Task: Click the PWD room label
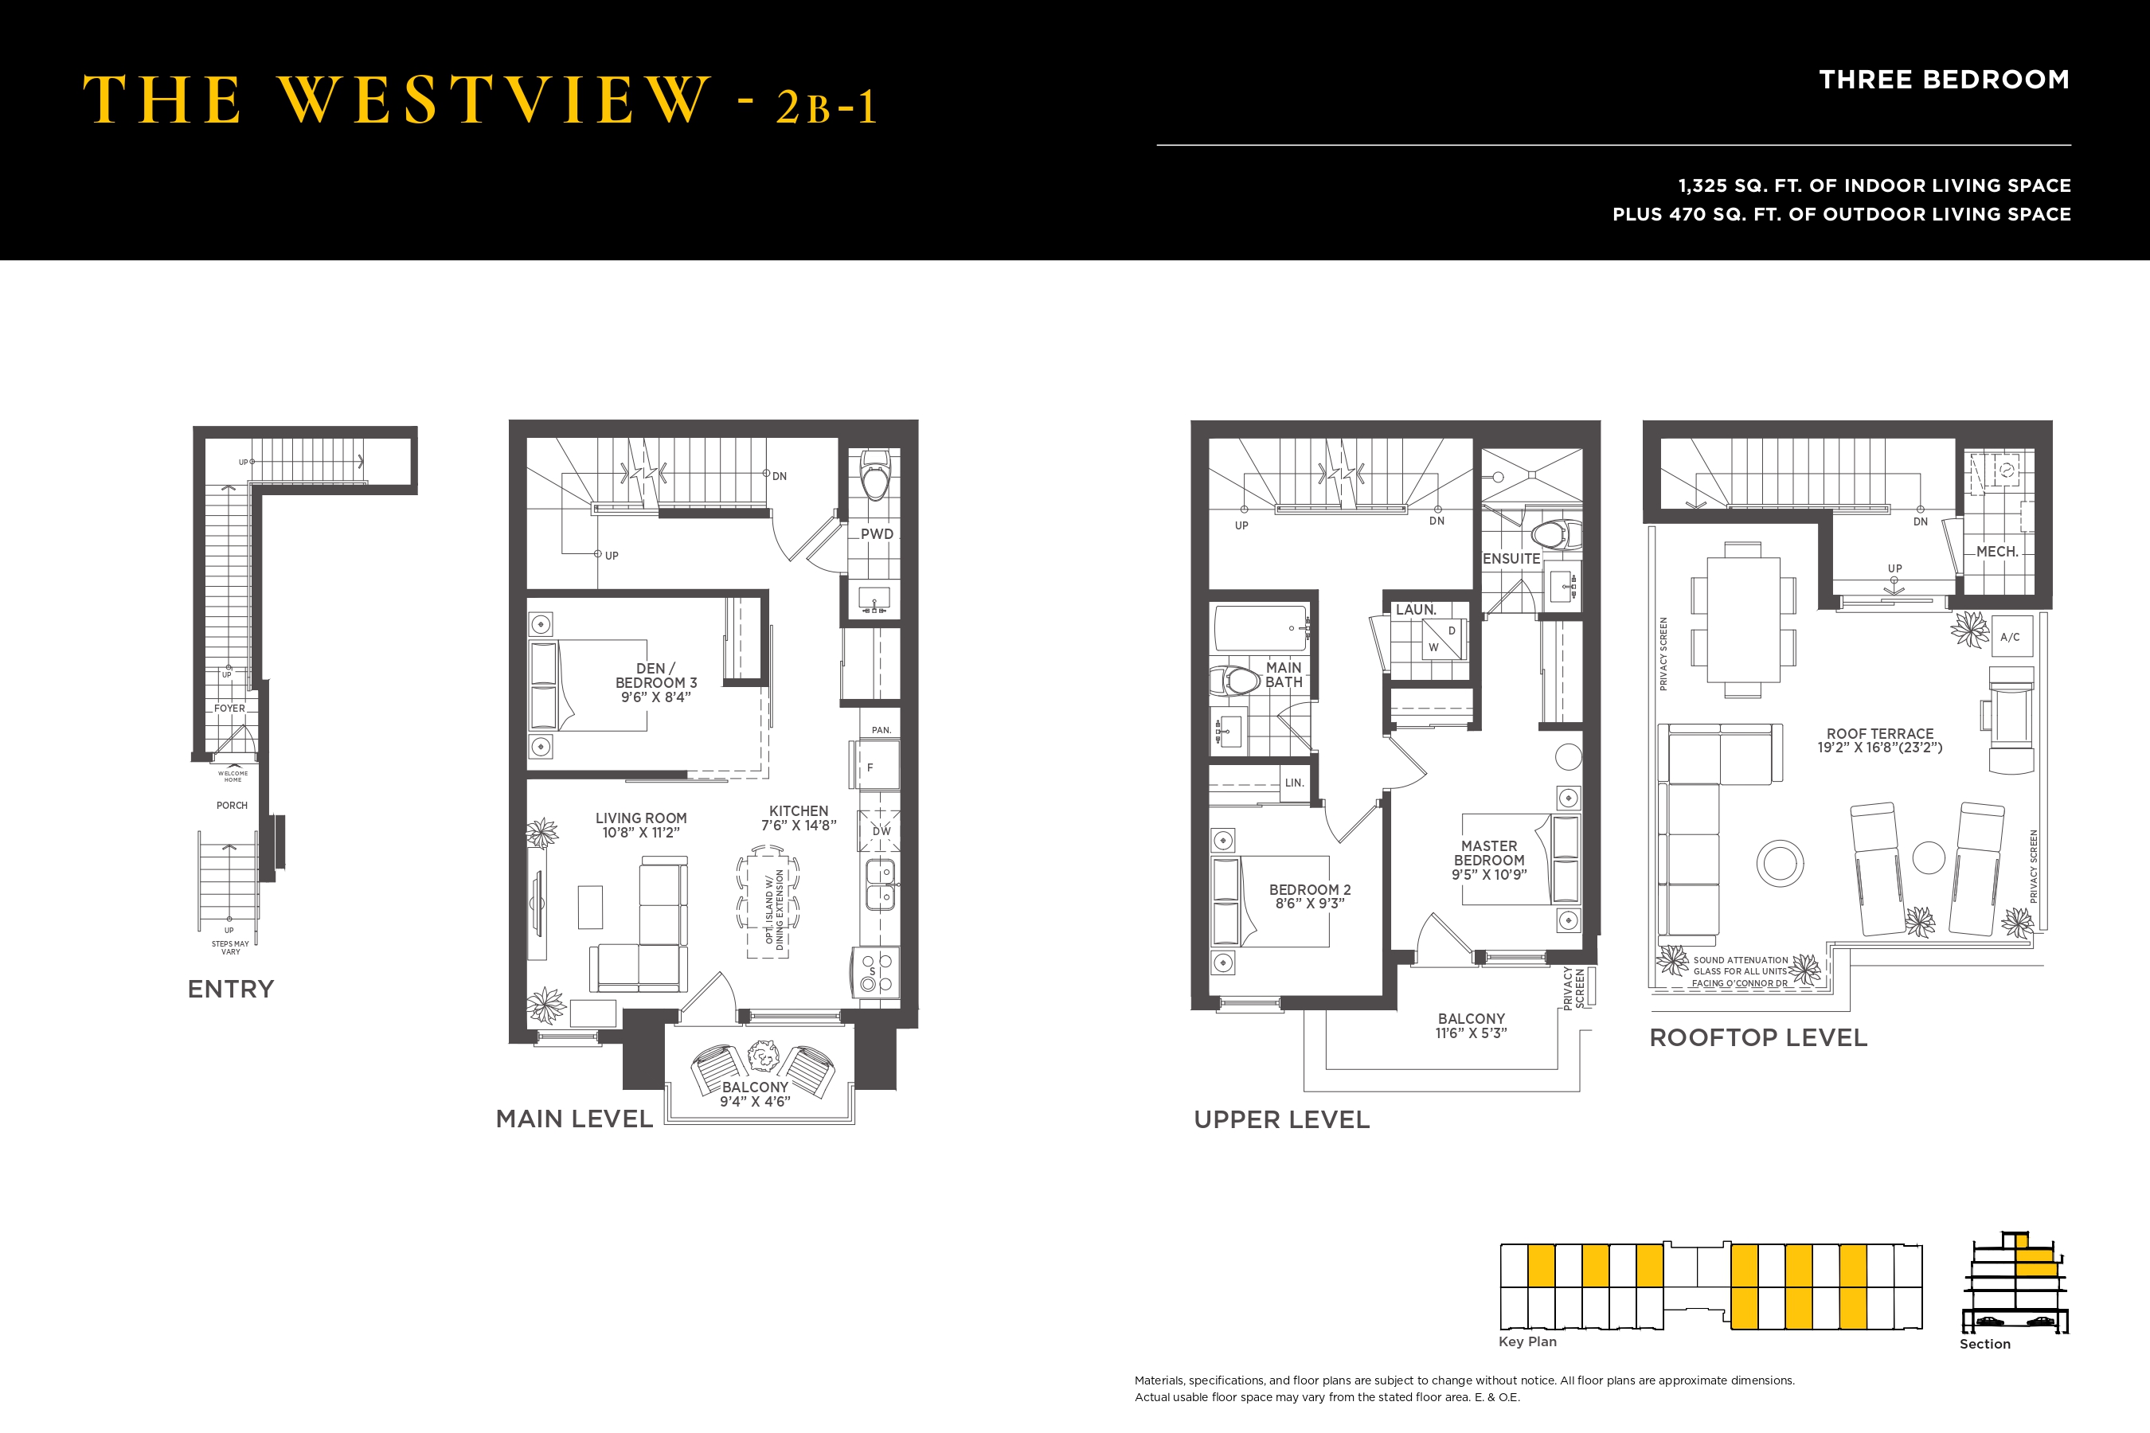(x=876, y=533)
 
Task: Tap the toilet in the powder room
(x=875, y=475)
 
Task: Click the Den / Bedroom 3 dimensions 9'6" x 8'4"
(x=655, y=697)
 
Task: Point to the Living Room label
(x=641, y=818)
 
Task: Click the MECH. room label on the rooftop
(x=1996, y=551)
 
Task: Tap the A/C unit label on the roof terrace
(x=2009, y=637)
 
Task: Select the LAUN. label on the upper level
(x=1416, y=610)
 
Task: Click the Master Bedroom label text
(x=1488, y=853)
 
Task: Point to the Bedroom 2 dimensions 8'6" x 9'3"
(x=1309, y=904)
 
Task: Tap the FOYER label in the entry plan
(x=229, y=709)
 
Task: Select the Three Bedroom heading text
(x=1944, y=80)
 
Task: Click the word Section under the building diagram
(x=1984, y=1344)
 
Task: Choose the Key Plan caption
(x=1526, y=1341)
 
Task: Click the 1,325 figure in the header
(x=1702, y=185)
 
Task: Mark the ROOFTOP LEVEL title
(x=1757, y=1037)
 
